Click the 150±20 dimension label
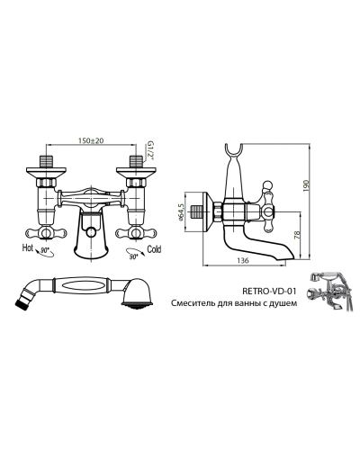[91, 140]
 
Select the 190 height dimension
[306, 186]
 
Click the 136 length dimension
[243, 260]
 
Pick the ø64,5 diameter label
[181, 212]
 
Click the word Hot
[28, 247]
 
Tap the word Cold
[154, 249]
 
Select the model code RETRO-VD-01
[269, 291]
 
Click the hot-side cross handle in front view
[46, 232]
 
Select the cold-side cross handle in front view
[136, 232]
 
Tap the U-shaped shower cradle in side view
[234, 150]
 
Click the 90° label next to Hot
[45, 250]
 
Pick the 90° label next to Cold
[132, 256]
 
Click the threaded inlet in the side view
[197, 213]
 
